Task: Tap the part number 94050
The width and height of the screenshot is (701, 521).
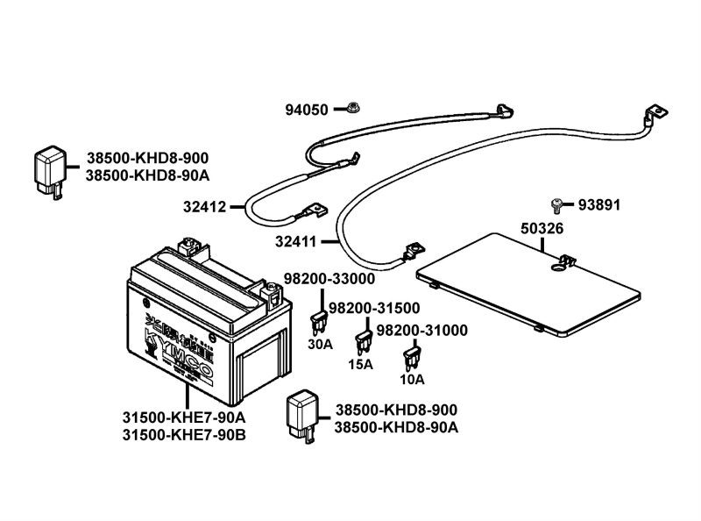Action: [307, 111]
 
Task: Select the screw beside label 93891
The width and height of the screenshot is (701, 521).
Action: [556, 205]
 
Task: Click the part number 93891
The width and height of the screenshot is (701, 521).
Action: [598, 205]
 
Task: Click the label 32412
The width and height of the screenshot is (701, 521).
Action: [205, 208]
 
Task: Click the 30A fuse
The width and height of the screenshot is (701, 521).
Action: [320, 318]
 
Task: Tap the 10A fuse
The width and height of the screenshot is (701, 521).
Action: [408, 359]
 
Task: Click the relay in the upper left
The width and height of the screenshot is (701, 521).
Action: [50, 170]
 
